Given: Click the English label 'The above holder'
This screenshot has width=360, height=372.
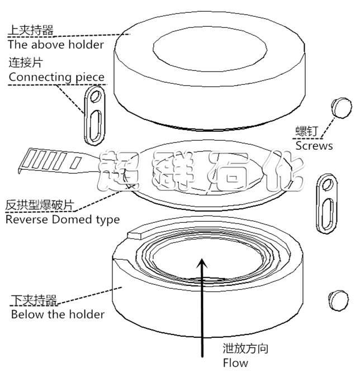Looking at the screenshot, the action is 56,45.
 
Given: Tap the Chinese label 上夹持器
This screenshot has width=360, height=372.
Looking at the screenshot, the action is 31,30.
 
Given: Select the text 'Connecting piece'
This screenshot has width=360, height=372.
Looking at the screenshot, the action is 56,77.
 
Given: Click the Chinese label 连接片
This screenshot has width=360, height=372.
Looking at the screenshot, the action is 26,63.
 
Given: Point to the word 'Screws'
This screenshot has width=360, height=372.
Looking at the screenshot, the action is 314,146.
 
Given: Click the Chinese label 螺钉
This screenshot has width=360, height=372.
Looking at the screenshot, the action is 306,131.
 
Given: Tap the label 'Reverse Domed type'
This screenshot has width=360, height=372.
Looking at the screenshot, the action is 63,220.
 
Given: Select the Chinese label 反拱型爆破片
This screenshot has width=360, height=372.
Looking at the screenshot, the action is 40,205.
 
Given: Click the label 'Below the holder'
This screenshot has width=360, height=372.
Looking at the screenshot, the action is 58,314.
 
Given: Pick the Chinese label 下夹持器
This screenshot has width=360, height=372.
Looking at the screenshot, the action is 34,301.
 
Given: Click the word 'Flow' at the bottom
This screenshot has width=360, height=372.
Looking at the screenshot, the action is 235,363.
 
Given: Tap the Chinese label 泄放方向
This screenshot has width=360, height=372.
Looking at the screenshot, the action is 245,349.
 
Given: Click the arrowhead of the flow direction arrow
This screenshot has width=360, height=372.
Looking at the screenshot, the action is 202,263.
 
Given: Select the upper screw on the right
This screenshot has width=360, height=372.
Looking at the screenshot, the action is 342,107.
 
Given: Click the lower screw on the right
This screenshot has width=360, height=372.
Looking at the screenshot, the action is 339,300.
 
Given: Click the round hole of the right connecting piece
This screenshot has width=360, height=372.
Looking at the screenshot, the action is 329,184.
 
